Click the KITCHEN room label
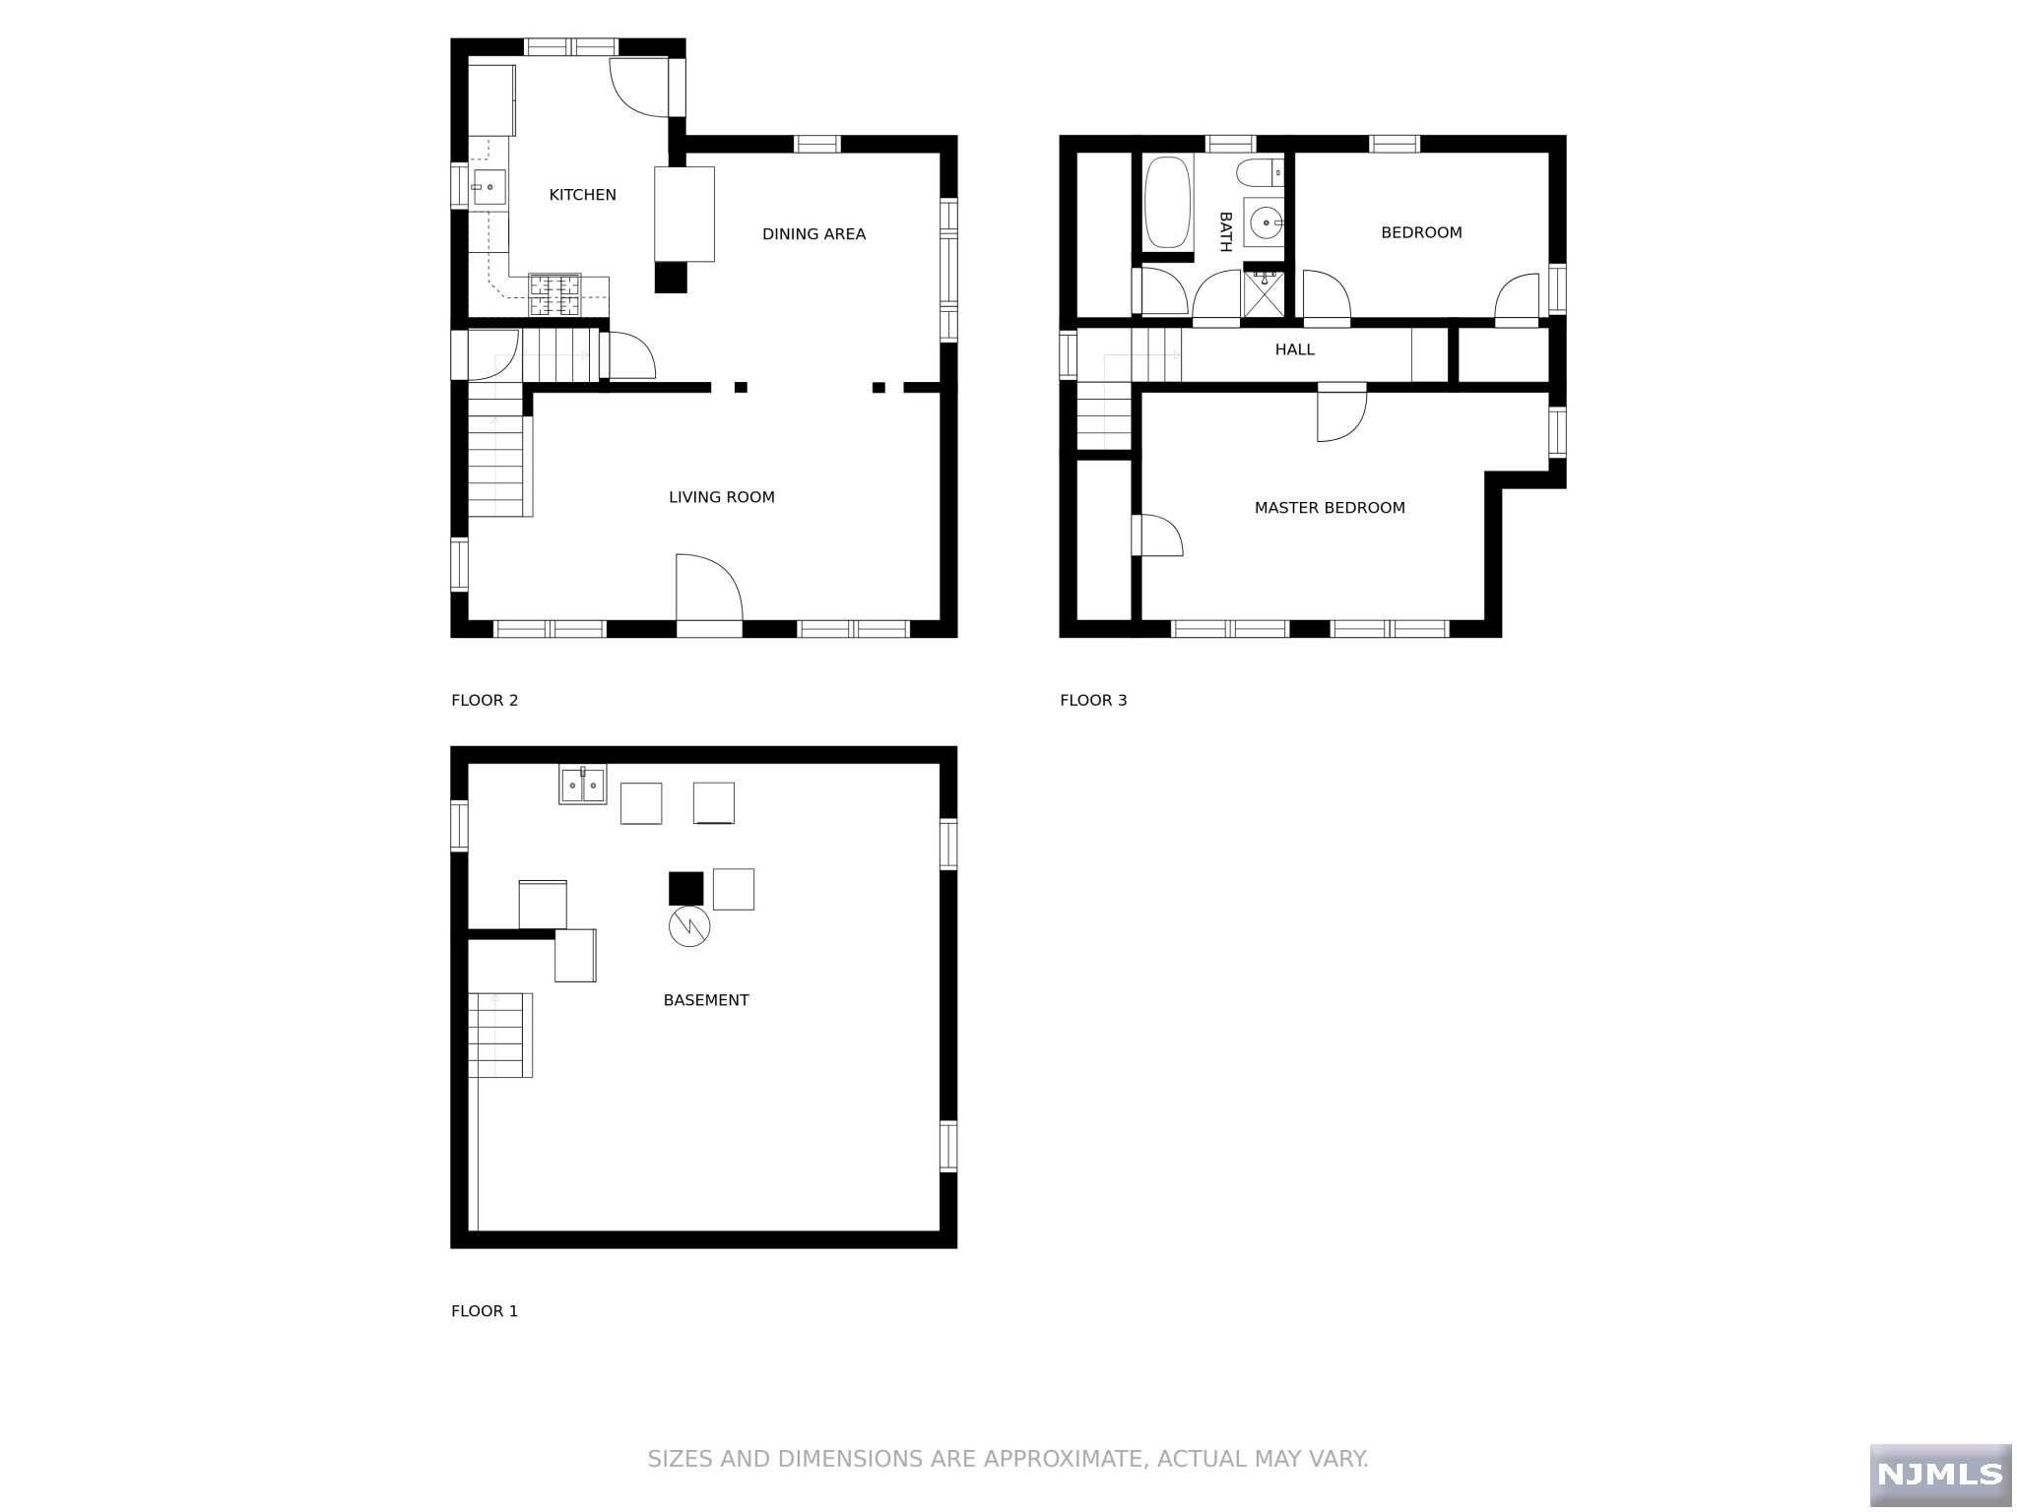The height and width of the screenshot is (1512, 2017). click(582, 195)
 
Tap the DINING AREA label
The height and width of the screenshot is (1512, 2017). click(813, 234)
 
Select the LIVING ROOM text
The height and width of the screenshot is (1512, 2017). click(721, 497)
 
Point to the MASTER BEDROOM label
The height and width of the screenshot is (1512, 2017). click(1329, 508)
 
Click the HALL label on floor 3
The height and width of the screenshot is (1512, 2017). click(1294, 349)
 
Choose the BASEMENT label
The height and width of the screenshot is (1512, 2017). click(705, 1000)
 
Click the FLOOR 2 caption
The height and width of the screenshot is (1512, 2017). click(484, 701)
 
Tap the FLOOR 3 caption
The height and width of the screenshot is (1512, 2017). click(1092, 701)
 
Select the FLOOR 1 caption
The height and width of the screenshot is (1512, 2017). click(484, 1311)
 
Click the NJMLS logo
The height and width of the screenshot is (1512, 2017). click(1939, 1474)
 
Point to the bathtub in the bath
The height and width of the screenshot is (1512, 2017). click(1167, 202)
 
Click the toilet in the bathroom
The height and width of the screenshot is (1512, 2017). click(1260, 172)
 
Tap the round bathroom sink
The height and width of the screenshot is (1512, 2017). click(1265, 222)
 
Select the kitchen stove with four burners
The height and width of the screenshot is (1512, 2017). click(554, 294)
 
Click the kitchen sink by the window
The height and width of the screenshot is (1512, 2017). click(489, 186)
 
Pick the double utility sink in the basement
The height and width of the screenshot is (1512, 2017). click(582, 785)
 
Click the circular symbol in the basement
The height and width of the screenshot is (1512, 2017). click(688, 926)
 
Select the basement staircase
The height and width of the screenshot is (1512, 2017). click(498, 1035)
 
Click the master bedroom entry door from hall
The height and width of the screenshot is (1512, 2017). click(1340, 413)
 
